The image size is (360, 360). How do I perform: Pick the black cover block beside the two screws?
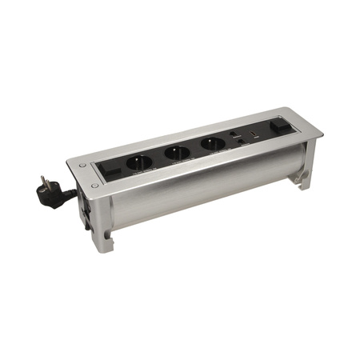click(111, 170)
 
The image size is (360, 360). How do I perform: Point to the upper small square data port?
click(233, 134)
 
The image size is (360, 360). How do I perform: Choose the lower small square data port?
click(239, 142)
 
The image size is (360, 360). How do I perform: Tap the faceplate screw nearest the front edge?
click(94, 186)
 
